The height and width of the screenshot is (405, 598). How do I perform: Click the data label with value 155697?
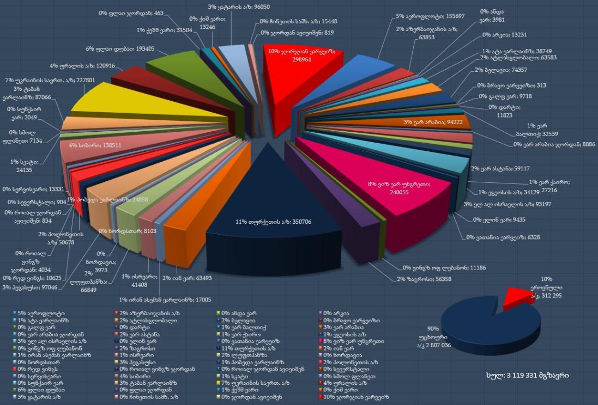click(428, 16)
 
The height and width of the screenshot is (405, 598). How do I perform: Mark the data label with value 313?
click(504, 85)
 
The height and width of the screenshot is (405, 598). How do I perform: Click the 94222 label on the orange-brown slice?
click(433, 122)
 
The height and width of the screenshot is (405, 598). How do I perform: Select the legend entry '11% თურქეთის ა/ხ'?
click(246, 348)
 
